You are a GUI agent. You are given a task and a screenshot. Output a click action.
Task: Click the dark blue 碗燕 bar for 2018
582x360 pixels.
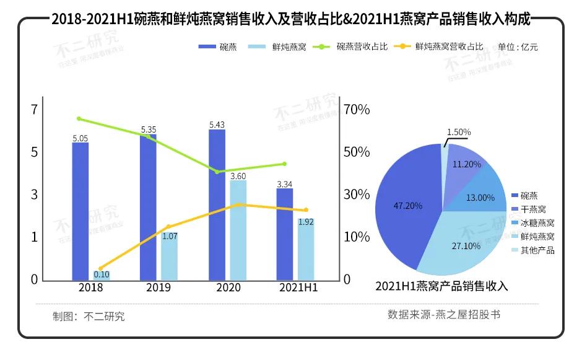tap(80, 211)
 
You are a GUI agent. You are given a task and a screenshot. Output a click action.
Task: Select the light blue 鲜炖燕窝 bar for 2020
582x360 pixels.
tap(238, 230)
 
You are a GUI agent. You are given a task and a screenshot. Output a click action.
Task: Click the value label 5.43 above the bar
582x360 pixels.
tap(217, 125)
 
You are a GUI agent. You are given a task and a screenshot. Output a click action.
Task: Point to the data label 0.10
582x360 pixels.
tap(102, 274)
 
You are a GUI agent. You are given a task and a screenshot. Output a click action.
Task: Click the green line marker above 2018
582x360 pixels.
tap(79, 118)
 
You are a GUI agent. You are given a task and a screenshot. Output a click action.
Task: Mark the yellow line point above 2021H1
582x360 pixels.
tap(306, 210)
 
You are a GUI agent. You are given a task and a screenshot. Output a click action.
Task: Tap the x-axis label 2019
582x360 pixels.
tap(158, 288)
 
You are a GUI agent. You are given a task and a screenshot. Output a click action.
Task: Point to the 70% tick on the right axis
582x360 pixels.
tap(357, 110)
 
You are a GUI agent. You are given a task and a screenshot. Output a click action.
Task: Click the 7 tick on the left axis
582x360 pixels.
tap(34, 110)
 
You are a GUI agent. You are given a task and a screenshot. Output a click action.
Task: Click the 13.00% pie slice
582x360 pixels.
tap(480, 198)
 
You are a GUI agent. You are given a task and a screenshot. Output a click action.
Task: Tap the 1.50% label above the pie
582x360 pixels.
tap(459, 132)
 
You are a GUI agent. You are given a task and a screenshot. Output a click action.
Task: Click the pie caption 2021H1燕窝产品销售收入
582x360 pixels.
tap(441, 286)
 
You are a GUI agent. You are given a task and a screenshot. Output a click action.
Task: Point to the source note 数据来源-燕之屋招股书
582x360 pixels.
tap(443, 315)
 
